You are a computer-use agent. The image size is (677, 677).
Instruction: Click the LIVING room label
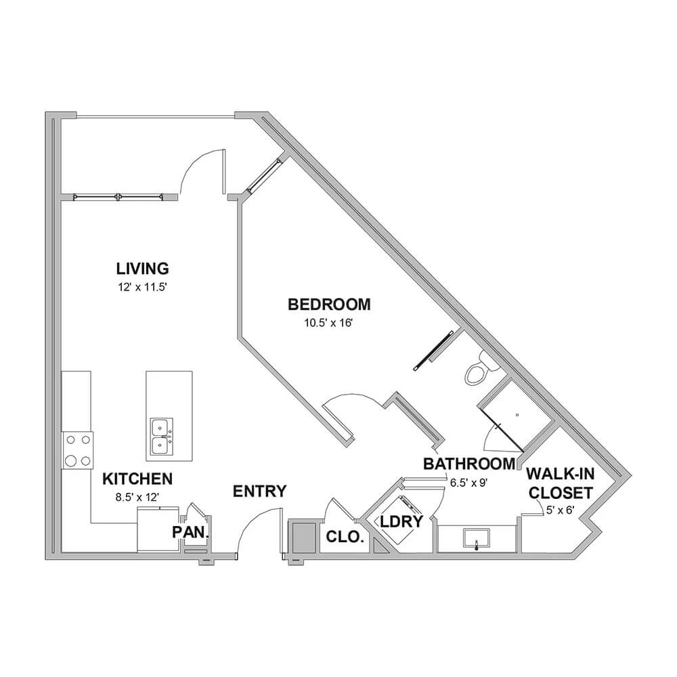pos(142,268)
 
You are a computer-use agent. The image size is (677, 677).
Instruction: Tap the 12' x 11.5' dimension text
pos(142,287)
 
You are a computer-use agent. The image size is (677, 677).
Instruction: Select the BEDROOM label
pos(329,305)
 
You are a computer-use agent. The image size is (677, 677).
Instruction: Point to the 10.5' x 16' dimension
pos(329,323)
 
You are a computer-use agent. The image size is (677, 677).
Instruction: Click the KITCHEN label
pos(137,479)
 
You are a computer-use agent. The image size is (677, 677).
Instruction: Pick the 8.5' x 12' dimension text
pos(137,498)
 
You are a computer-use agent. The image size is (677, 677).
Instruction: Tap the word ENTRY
pos(259,492)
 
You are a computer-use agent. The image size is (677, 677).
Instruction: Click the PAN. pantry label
pos(190,532)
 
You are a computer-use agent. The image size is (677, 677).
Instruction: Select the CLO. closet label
pos(345,537)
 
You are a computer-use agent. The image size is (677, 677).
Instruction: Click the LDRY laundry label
pos(401,521)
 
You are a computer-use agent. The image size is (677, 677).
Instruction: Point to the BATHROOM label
pos(469,464)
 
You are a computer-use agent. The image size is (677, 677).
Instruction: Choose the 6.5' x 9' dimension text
pos(469,483)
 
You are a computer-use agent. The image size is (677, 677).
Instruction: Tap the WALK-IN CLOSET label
pos(561,483)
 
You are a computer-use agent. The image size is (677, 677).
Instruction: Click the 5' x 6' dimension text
pos(560,510)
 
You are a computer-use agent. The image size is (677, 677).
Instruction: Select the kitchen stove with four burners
pos(78,450)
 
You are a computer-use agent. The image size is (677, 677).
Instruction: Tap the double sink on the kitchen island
pos(162,437)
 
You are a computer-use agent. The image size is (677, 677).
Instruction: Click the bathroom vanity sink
pos(476,539)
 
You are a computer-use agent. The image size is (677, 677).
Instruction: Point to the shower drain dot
pos(517,416)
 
